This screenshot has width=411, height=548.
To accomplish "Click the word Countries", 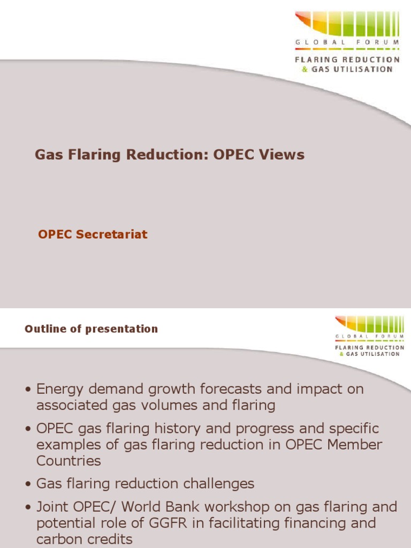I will [68, 461].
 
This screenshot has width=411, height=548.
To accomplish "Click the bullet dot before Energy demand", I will [28, 390].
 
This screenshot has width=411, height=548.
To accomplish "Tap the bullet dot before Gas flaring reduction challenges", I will [28, 484].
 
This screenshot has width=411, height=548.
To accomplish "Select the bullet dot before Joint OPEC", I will [28, 507].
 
